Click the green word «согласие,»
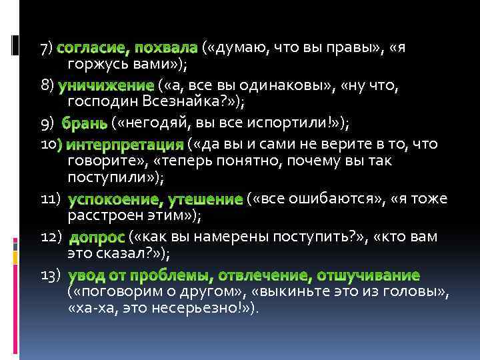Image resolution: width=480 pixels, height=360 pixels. pos(93,48)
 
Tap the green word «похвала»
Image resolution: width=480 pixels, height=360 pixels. pos(166,48)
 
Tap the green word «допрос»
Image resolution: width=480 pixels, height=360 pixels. pos(97,237)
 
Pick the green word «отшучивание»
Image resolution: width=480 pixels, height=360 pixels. pos(368,275)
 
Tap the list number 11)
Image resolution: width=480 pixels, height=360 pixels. pos(51,199)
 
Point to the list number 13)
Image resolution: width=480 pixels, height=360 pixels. pos(51,275)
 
